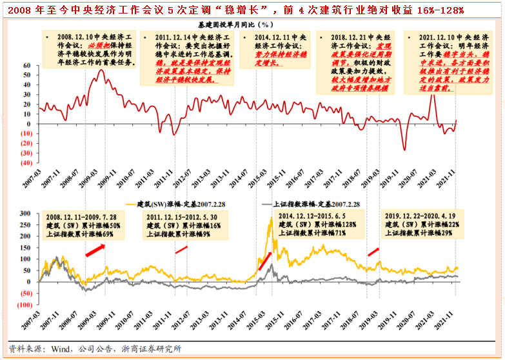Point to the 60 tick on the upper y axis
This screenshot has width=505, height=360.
pos(28,66)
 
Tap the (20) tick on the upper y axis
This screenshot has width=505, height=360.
pos(25,143)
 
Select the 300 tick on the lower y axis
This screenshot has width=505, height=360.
pos(26,214)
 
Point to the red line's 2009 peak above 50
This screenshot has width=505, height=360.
pos(101,70)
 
